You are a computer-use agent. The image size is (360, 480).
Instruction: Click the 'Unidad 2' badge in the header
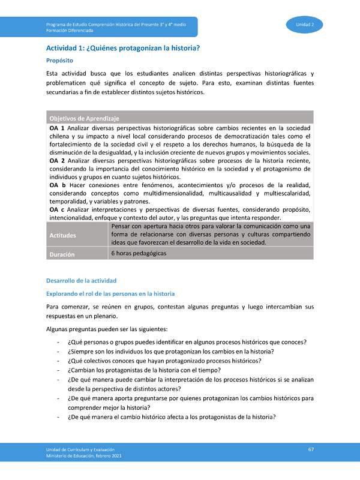pyautogui.click(x=309, y=24)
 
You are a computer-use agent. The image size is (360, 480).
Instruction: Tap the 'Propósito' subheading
pyautogui.click(x=59, y=61)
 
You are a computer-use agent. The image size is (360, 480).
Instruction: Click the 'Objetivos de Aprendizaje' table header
pyautogui.click(x=84, y=118)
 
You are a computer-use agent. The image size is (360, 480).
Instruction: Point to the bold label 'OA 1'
pyautogui.click(x=57, y=128)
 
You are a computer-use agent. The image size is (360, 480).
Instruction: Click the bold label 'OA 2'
pyautogui.click(x=57, y=161)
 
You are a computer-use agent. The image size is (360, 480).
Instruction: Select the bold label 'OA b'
pyautogui.click(x=57, y=185)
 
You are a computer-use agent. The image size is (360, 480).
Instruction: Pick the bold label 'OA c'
pyautogui.click(x=57, y=209)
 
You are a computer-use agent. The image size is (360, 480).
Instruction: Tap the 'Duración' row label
pyautogui.click(x=62, y=254)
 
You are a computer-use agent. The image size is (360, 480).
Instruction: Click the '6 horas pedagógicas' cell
pyautogui.click(x=139, y=253)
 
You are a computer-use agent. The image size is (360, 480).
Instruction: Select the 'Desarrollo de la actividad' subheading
pyautogui.click(x=82, y=281)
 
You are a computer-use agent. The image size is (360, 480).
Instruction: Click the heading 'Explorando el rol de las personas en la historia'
pyautogui.click(x=110, y=293)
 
